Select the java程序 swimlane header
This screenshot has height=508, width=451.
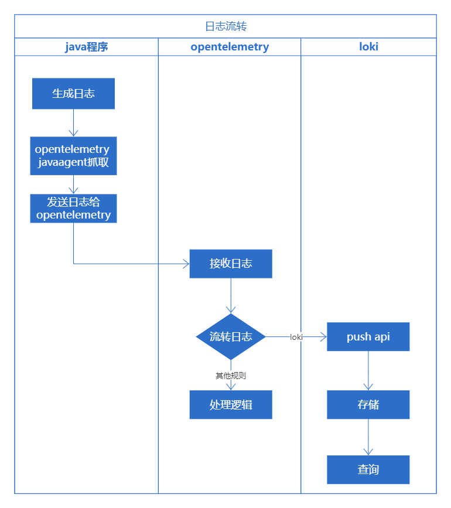point(86,47)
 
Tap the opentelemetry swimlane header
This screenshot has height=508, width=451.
point(230,47)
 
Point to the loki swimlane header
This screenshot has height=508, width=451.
point(368,47)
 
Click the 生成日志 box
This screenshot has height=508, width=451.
point(74,94)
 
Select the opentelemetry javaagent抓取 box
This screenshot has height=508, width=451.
point(74,156)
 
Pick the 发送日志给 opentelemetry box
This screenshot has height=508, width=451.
point(74,209)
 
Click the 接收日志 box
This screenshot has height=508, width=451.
point(231,264)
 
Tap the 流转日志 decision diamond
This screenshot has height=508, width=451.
point(231,336)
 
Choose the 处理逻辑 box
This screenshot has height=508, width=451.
point(231,405)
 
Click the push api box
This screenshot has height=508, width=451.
point(368,337)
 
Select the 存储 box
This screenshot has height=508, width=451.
point(368,405)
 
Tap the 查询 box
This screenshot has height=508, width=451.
point(368,470)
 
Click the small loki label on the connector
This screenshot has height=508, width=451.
point(296,337)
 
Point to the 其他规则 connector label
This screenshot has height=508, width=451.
point(231,376)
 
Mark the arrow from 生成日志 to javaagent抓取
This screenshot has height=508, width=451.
point(74,123)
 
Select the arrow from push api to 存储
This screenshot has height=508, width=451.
point(368,371)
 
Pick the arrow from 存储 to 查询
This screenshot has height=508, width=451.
point(368,437)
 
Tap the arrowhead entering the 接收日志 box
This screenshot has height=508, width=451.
point(186,264)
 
